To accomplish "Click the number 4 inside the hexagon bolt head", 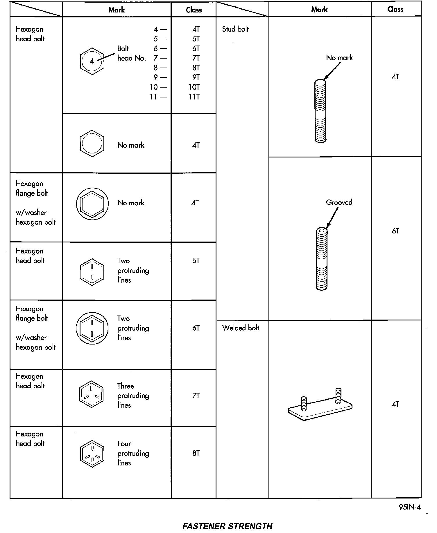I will tap(92, 61).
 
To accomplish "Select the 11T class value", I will tap(194, 97).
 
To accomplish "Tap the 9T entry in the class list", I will tap(196, 77).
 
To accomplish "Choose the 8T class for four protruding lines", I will tap(196, 453).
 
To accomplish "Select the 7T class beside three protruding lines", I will tap(196, 395).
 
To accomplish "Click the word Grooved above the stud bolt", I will tap(339, 202).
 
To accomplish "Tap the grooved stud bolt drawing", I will tap(321, 259).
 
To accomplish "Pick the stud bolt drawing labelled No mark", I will tap(320, 111).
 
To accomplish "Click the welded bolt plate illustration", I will tap(320, 406).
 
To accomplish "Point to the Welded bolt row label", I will tap(241, 328).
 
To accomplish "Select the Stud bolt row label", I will tap(235, 29).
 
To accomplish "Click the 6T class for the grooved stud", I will tap(395, 231).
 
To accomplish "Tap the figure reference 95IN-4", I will tap(410, 507).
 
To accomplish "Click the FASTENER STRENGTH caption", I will tap(227, 526).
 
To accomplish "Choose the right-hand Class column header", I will tap(395, 9).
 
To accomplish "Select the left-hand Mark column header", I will tap(117, 10).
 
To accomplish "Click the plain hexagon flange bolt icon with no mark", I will tap(92, 204).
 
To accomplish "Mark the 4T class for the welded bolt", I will tap(395, 404).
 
